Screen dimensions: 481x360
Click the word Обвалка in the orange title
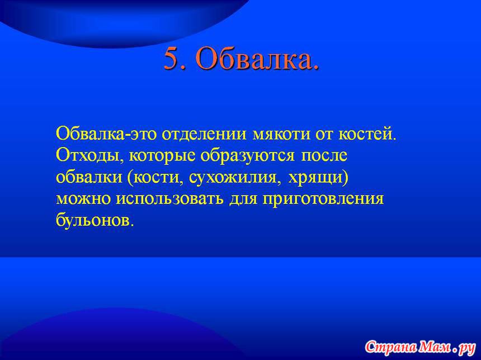pyautogui.click(x=258, y=59)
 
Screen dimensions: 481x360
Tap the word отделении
pyautogui.click(x=204, y=134)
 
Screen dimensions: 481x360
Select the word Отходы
pyautogui.click(x=90, y=155)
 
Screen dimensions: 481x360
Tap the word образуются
pyautogui.click(x=247, y=155)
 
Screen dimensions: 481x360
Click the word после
pyautogui.click(x=324, y=155)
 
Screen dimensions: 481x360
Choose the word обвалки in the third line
pyautogui.click(x=89, y=177)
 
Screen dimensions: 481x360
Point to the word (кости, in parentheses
pyautogui.click(x=155, y=178)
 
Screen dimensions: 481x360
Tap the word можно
pyautogui.click(x=83, y=198)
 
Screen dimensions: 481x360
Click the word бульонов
pyautogui.click(x=95, y=219)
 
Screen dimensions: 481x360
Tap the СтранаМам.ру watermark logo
pyautogui.click(x=420, y=347)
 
